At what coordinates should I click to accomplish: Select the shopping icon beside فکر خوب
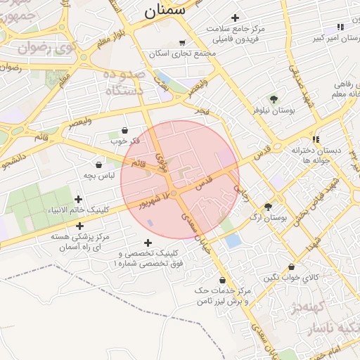coord(125,130)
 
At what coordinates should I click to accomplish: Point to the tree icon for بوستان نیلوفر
coord(274,99)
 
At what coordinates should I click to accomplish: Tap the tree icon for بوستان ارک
coord(268,207)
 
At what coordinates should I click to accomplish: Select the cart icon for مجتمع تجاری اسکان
coord(183,42)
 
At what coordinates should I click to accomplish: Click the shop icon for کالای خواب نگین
coord(292,267)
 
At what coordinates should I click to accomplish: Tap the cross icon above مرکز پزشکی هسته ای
coord(79,226)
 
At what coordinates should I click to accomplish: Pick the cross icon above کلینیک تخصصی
coord(148,243)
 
